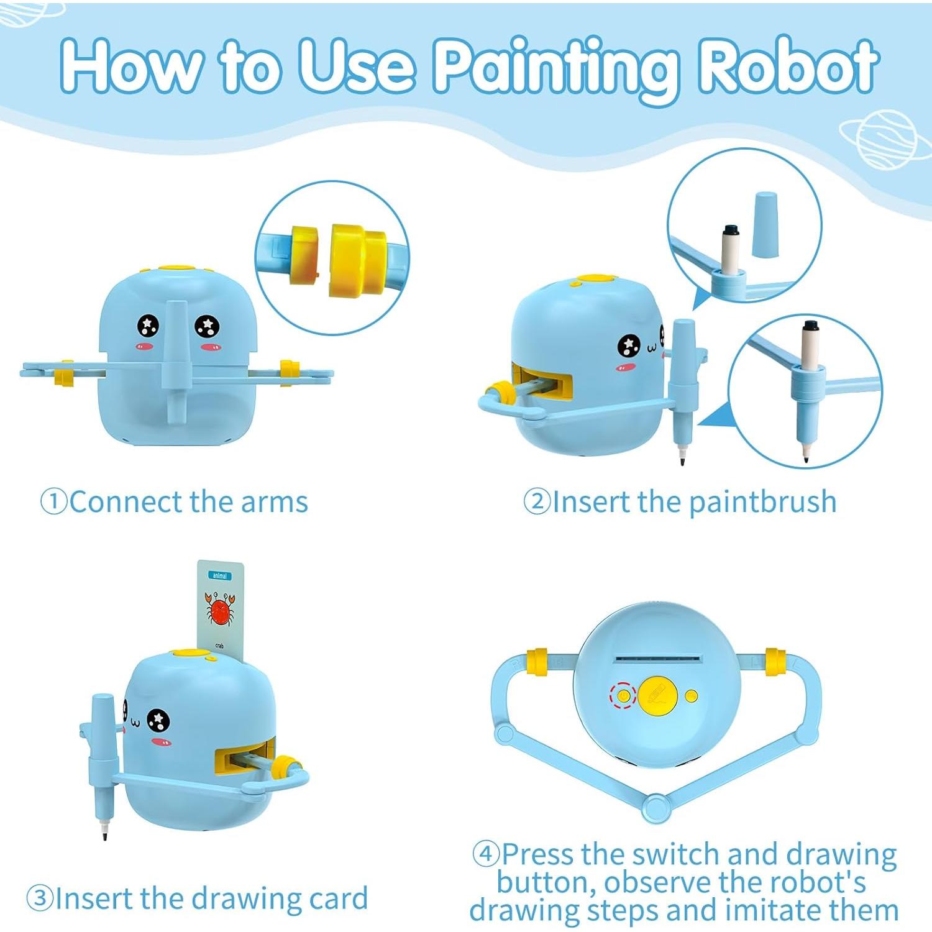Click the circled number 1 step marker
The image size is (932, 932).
pos(53,501)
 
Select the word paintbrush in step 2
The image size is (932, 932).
pos(762,501)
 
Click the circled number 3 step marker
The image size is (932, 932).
pos(40,898)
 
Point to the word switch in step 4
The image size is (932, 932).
pos(676,855)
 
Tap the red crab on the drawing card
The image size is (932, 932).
pos(220,610)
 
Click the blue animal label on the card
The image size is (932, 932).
pos(220,576)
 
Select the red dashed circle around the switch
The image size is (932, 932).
pos(623,696)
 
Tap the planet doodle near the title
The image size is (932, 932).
pos(884,139)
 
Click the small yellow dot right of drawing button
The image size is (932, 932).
pos(691,696)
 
